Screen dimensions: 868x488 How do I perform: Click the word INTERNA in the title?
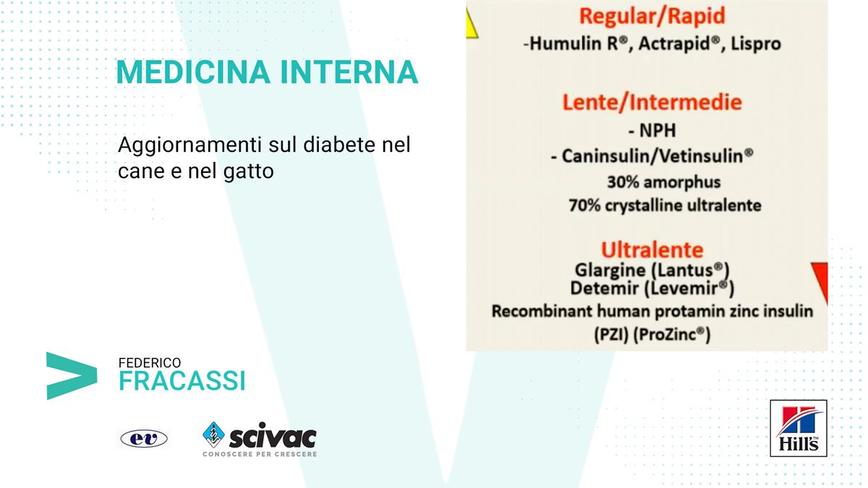click(x=349, y=72)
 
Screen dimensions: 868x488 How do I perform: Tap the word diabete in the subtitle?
click(x=339, y=145)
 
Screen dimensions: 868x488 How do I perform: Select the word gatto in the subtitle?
click(x=248, y=171)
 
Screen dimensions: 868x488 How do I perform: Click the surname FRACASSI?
click(x=182, y=381)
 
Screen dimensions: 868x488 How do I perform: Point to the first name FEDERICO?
click(x=150, y=363)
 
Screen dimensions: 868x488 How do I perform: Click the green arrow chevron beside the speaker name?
click(x=72, y=376)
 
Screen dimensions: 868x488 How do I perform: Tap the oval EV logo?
click(x=144, y=438)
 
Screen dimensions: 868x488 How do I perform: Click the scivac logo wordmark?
click(x=273, y=437)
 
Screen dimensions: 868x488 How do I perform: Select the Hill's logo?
click(x=799, y=428)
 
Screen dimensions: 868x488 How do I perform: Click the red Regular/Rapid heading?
click(x=652, y=16)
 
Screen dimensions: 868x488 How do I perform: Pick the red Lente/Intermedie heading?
click(x=652, y=103)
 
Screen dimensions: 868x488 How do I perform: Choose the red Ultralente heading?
click(x=652, y=250)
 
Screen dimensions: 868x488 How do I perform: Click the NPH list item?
click(x=652, y=131)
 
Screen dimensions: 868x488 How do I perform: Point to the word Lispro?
click(x=756, y=44)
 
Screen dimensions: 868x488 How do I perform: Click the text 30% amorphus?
click(x=664, y=182)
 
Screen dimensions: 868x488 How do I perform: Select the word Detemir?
click(x=604, y=288)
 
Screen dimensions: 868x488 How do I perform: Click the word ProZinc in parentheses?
click(x=671, y=335)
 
